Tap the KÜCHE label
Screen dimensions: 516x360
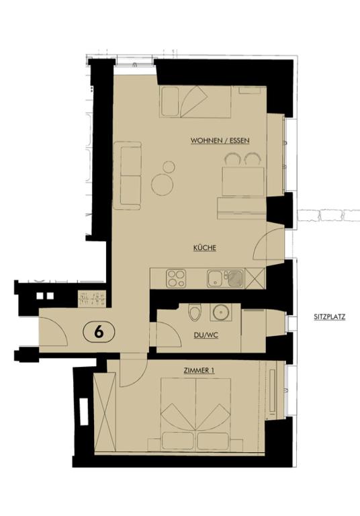[204, 248]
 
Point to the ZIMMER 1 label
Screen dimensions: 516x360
[198, 371]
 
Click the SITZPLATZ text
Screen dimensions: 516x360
[329, 317]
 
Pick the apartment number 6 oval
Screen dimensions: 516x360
[99, 331]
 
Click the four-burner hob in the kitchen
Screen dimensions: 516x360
[176, 277]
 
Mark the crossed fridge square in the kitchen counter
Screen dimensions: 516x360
[255, 277]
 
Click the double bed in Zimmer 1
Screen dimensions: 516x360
[195, 413]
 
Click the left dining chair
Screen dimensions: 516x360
[232, 159]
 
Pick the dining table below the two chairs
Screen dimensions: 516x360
[241, 180]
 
